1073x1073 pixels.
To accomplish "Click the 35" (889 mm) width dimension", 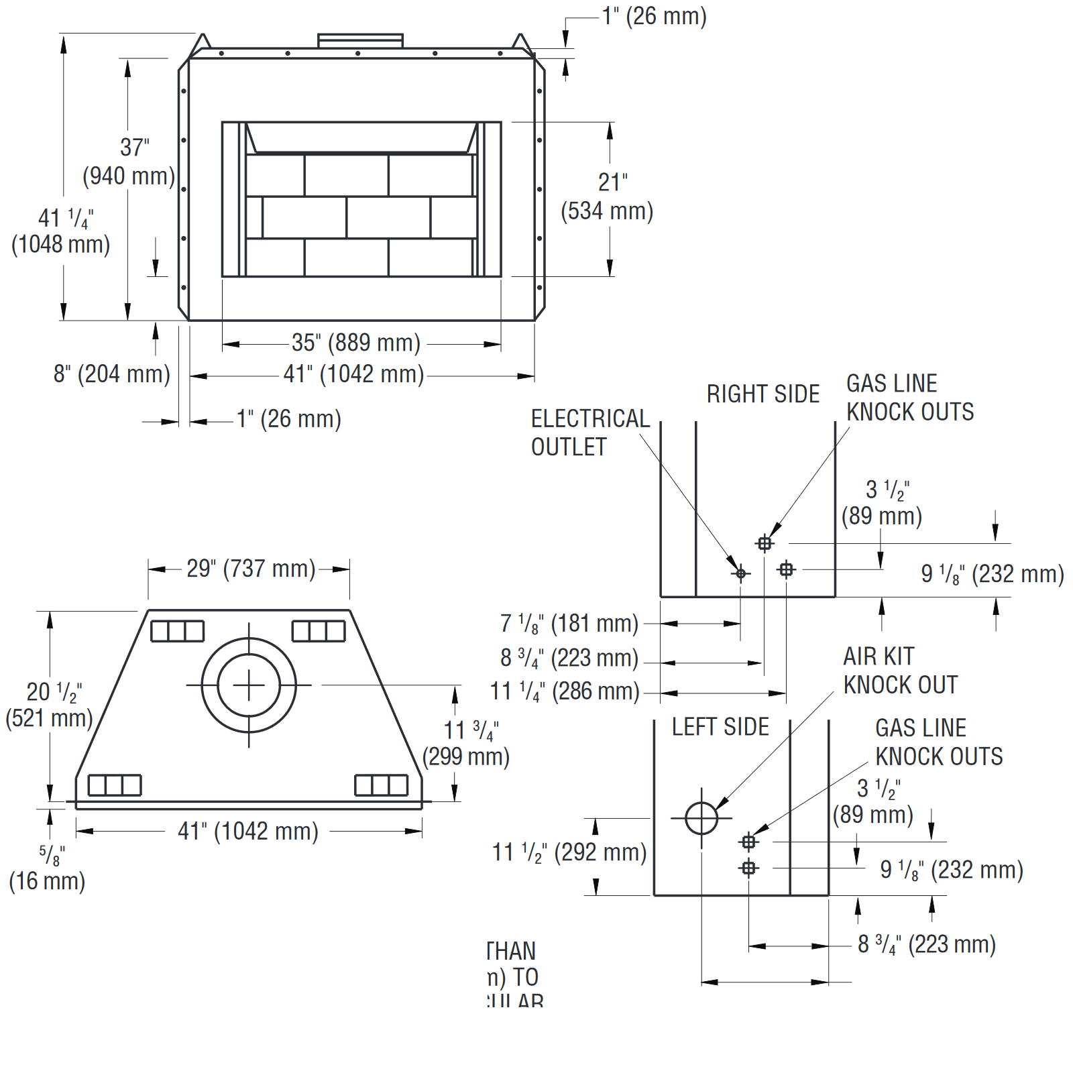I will click(x=355, y=343).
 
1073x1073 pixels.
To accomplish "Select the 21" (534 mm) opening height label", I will click(x=608, y=196).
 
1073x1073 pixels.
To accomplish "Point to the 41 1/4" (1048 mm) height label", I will click(x=61, y=231).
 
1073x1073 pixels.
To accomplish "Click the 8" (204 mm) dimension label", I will click(x=112, y=374).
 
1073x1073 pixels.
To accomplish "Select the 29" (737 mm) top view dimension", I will click(x=251, y=569).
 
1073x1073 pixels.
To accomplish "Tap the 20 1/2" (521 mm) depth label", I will click(x=49, y=705).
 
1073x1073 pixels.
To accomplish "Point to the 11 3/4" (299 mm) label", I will click(x=466, y=743).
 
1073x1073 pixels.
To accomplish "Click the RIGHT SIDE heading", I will click(x=763, y=394).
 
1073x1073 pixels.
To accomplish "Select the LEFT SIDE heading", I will click(x=720, y=727).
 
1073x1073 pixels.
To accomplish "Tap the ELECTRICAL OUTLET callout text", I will click(x=590, y=433).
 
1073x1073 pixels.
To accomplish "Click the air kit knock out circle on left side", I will click(x=701, y=818).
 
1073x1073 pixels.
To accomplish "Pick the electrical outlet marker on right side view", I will click(x=741, y=573).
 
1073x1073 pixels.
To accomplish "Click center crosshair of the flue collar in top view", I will click(x=249, y=685).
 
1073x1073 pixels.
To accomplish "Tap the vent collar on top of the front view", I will click(x=360, y=40).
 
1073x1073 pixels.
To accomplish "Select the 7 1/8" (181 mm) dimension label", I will click(x=569, y=624).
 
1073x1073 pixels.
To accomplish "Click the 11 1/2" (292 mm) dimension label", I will click(x=569, y=852).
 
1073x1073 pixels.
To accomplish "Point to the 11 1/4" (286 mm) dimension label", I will click(x=565, y=691).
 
